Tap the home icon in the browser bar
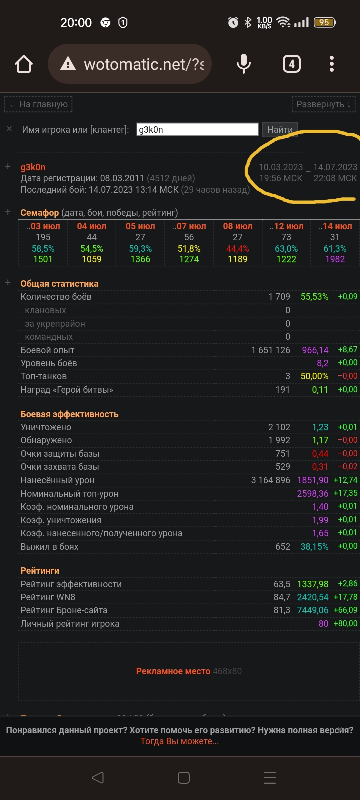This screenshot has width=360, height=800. click(x=24, y=64)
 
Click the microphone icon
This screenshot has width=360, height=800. click(x=244, y=64)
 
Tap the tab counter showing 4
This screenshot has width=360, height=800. click(x=292, y=64)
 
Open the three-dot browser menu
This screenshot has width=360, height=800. click(x=332, y=64)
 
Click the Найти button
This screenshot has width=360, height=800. click(x=280, y=130)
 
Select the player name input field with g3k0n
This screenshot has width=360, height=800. click(x=197, y=130)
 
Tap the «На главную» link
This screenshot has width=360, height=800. click(x=39, y=105)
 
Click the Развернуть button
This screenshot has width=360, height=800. click(x=324, y=105)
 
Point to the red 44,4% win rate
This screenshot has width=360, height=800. click(x=238, y=249)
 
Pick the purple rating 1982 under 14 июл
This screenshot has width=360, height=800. click(x=335, y=259)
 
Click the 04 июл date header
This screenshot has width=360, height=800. click(x=92, y=226)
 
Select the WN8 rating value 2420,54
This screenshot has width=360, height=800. click(x=313, y=597)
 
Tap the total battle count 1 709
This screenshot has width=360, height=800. click(x=279, y=297)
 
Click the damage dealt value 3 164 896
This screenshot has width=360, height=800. click(x=270, y=480)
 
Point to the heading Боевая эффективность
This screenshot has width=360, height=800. click(x=69, y=414)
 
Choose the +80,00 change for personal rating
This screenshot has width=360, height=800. click(x=345, y=624)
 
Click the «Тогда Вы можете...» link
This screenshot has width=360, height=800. click(x=180, y=741)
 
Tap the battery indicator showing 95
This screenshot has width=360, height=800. click(x=324, y=22)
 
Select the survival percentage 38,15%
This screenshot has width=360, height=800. click(x=314, y=547)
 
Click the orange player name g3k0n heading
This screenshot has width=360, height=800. click(x=33, y=167)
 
